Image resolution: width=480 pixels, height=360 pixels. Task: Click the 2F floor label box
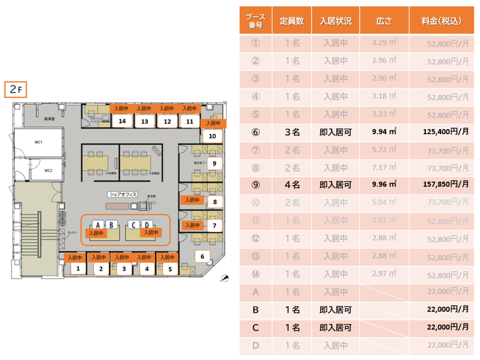15,89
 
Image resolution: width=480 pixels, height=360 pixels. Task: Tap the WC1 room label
38,142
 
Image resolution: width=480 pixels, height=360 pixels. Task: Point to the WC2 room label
48,170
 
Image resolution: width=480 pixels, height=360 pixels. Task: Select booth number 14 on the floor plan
122,121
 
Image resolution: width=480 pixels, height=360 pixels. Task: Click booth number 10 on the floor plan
213,136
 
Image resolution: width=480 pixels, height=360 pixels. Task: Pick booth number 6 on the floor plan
202,256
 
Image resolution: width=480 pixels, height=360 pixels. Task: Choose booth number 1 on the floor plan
78,268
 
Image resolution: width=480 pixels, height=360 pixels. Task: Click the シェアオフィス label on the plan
123,194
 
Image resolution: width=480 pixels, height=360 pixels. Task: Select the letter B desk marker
109,225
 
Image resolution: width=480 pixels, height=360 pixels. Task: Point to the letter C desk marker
133,225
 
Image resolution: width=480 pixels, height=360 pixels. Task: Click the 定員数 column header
292,21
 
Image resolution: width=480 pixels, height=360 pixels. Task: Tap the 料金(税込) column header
441,21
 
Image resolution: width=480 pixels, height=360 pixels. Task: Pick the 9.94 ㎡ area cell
384,132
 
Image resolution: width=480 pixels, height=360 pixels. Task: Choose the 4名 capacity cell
292,184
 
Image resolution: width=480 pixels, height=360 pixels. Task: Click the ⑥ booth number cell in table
255,132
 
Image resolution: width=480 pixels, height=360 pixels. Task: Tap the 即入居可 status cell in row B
335,310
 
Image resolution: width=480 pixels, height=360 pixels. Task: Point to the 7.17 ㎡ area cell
384,167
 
